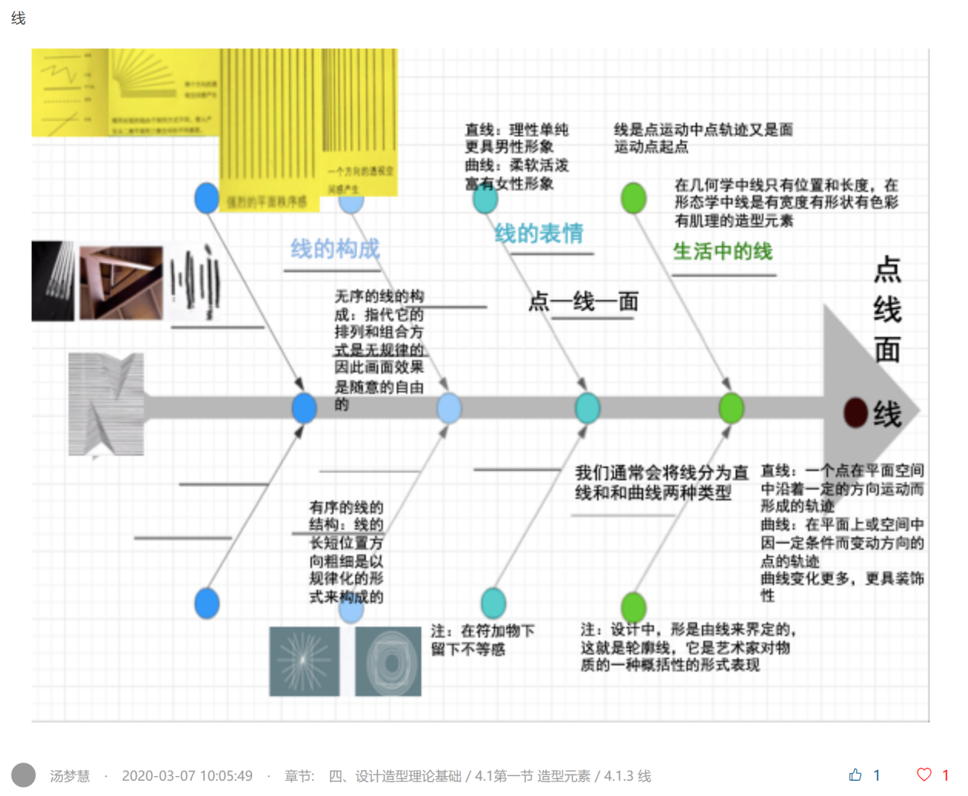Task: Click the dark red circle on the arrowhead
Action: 855,412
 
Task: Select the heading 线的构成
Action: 335,249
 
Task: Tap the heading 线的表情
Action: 539,233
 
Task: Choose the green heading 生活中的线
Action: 722,251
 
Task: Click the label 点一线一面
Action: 583,301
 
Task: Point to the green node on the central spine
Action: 731,408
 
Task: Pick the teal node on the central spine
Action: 587,408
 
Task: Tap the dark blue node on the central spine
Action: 304,408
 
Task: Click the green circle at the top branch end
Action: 633,198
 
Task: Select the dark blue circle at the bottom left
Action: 207,603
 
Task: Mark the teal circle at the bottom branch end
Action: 494,603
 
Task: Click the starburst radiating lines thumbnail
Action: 304,661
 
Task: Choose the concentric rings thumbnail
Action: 388,661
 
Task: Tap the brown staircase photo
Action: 121,281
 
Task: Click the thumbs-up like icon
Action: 855,775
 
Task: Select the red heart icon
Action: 924,775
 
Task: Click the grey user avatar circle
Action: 24,775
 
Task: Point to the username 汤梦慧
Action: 70,776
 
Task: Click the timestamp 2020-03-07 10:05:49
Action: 187,776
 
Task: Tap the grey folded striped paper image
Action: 105,404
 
